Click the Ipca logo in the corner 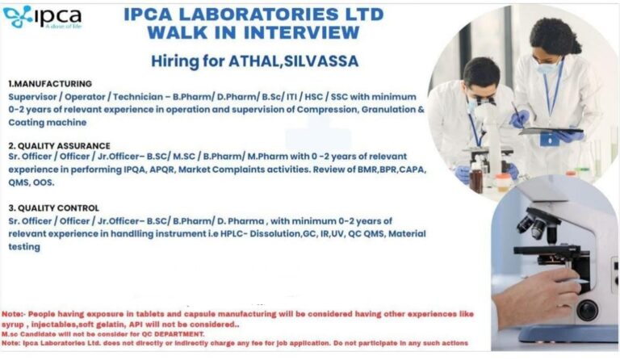pyautogui.click(x=42, y=17)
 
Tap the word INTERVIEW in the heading pyautogui.click(x=301, y=32)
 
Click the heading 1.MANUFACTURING pyautogui.click(x=50, y=84)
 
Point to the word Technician pyautogui.click(x=138, y=97)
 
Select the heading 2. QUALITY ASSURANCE pyautogui.click(x=59, y=146)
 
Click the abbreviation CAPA pyautogui.click(x=413, y=170)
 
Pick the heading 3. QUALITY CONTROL pyautogui.click(x=54, y=208)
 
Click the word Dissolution pyautogui.click(x=275, y=233)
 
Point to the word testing pyautogui.click(x=24, y=247)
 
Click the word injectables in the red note pyautogui.click(x=54, y=324)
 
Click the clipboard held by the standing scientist pyautogui.click(x=551, y=131)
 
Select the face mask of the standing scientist pyautogui.click(x=548, y=67)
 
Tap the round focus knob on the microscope pyautogui.click(x=587, y=310)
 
